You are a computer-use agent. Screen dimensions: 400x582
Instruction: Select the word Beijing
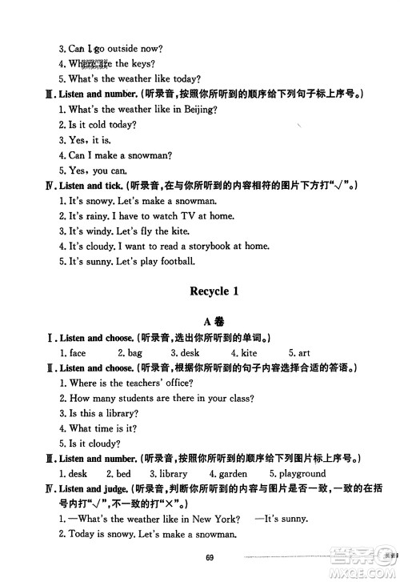point(199,108)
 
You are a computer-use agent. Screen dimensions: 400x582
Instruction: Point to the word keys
point(142,64)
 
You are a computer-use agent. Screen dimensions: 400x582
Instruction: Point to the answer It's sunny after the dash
point(284,519)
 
